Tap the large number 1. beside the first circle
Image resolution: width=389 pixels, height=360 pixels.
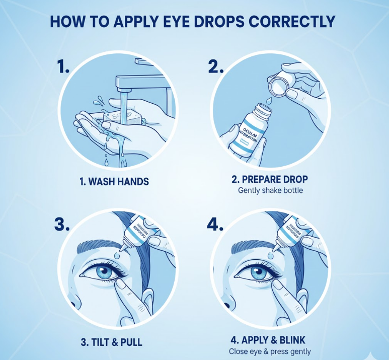pyautogui.click(x=63, y=66)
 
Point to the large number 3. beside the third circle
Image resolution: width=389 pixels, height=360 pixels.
pyautogui.click(x=62, y=225)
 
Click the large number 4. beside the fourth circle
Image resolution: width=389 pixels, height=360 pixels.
pyautogui.click(x=215, y=225)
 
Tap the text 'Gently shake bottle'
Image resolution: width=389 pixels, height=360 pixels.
pyautogui.click(x=270, y=191)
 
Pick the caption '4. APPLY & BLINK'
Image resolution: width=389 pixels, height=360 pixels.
pyautogui.click(x=270, y=340)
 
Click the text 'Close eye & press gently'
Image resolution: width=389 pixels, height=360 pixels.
pyautogui.click(x=270, y=351)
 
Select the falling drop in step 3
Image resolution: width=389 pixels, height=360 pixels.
pyautogui.click(x=116, y=257)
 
